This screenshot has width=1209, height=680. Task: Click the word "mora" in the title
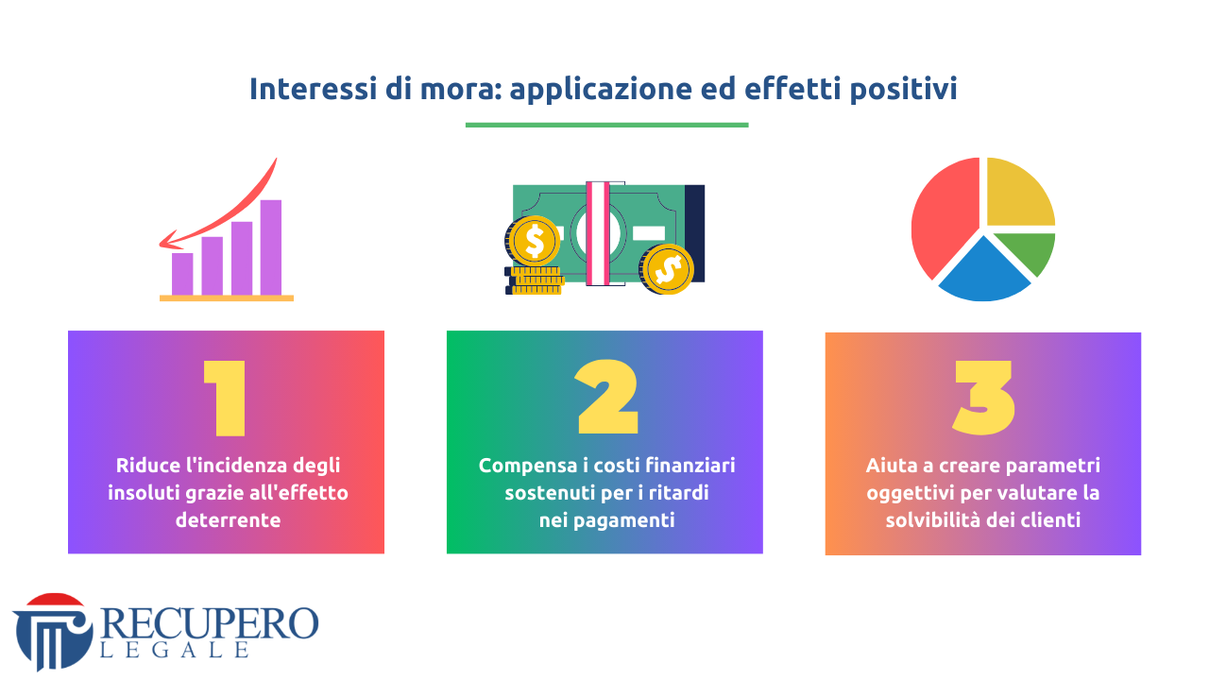pyautogui.click(x=461, y=89)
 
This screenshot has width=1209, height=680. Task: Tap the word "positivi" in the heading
pyautogui.click(x=904, y=90)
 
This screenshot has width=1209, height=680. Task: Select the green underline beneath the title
pyautogui.click(x=606, y=126)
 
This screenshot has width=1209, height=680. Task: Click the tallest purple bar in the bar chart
pyautogui.click(x=271, y=247)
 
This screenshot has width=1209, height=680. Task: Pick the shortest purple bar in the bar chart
pyautogui.click(x=182, y=274)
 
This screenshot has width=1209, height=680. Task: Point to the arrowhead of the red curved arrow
pyautogui.click(x=168, y=242)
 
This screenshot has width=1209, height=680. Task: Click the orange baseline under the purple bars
pyautogui.click(x=227, y=297)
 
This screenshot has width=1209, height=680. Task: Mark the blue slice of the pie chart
pyautogui.click(x=984, y=274)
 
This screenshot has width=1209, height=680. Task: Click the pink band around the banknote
pyautogui.click(x=598, y=233)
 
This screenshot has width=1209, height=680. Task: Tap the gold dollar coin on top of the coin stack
pyautogui.click(x=534, y=241)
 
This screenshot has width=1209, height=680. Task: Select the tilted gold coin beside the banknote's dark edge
pyautogui.click(x=667, y=269)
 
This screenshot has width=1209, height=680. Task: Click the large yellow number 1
pyautogui.click(x=226, y=398)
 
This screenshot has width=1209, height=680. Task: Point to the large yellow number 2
pyautogui.click(x=607, y=397)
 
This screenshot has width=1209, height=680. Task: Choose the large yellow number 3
pyautogui.click(x=983, y=398)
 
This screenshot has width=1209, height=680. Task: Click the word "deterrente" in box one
pyautogui.click(x=228, y=520)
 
